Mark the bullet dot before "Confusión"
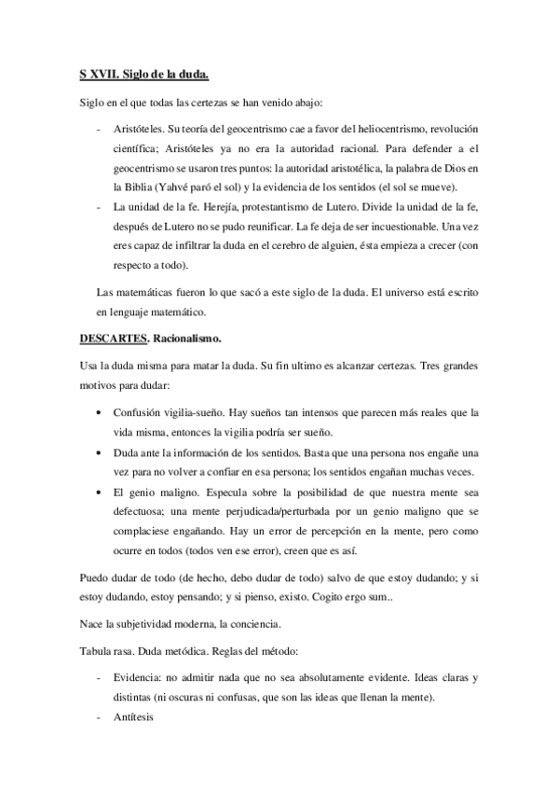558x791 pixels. pyautogui.click(x=101, y=412)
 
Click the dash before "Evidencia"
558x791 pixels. pyautogui.click(x=99, y=678)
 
